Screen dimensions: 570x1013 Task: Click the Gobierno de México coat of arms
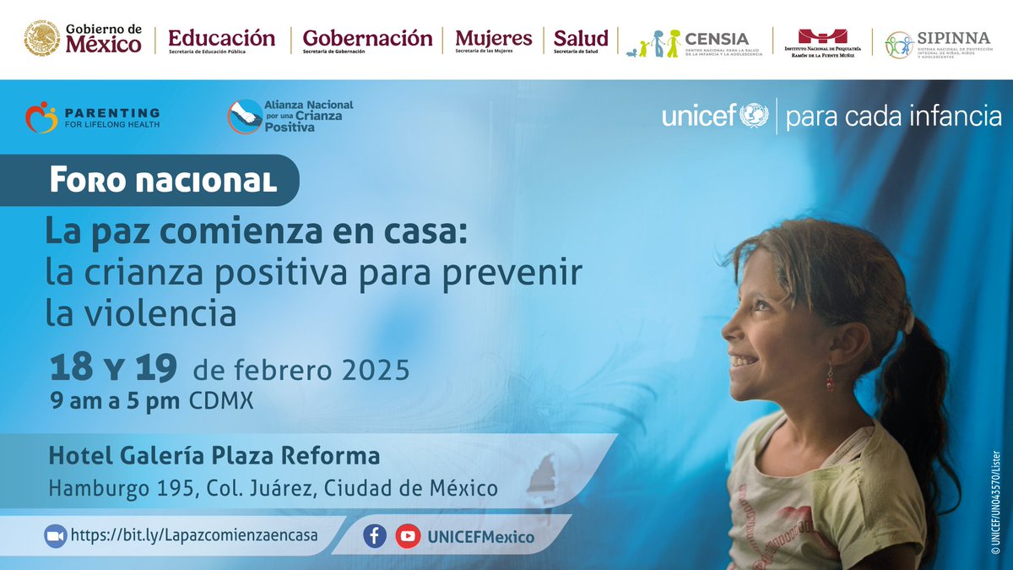tap(41, 39)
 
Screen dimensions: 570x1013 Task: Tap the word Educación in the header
tap(221, 38)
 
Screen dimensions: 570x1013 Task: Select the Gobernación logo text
tap(367, 38)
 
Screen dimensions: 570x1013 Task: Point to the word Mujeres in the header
tap(494, 38)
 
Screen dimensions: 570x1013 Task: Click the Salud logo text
tap(581, 38)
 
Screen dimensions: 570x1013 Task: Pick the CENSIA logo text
tap(717, 38)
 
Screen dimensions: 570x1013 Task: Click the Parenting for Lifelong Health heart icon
tap(41, 117)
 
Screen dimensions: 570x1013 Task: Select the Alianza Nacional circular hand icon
tap(244, 117)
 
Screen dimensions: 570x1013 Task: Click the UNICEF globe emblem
tap(755, 115)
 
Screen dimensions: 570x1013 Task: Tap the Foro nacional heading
tap(163, 180)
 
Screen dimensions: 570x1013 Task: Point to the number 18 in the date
tap(71, 369)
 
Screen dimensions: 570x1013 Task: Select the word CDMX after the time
tap(220, 401)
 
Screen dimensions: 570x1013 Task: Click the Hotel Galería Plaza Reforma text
tap(214, 456)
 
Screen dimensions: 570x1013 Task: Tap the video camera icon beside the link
tap(56, 535)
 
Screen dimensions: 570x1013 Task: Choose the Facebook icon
tap(375, 535)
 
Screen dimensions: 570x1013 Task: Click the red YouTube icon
tap(408, 535)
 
